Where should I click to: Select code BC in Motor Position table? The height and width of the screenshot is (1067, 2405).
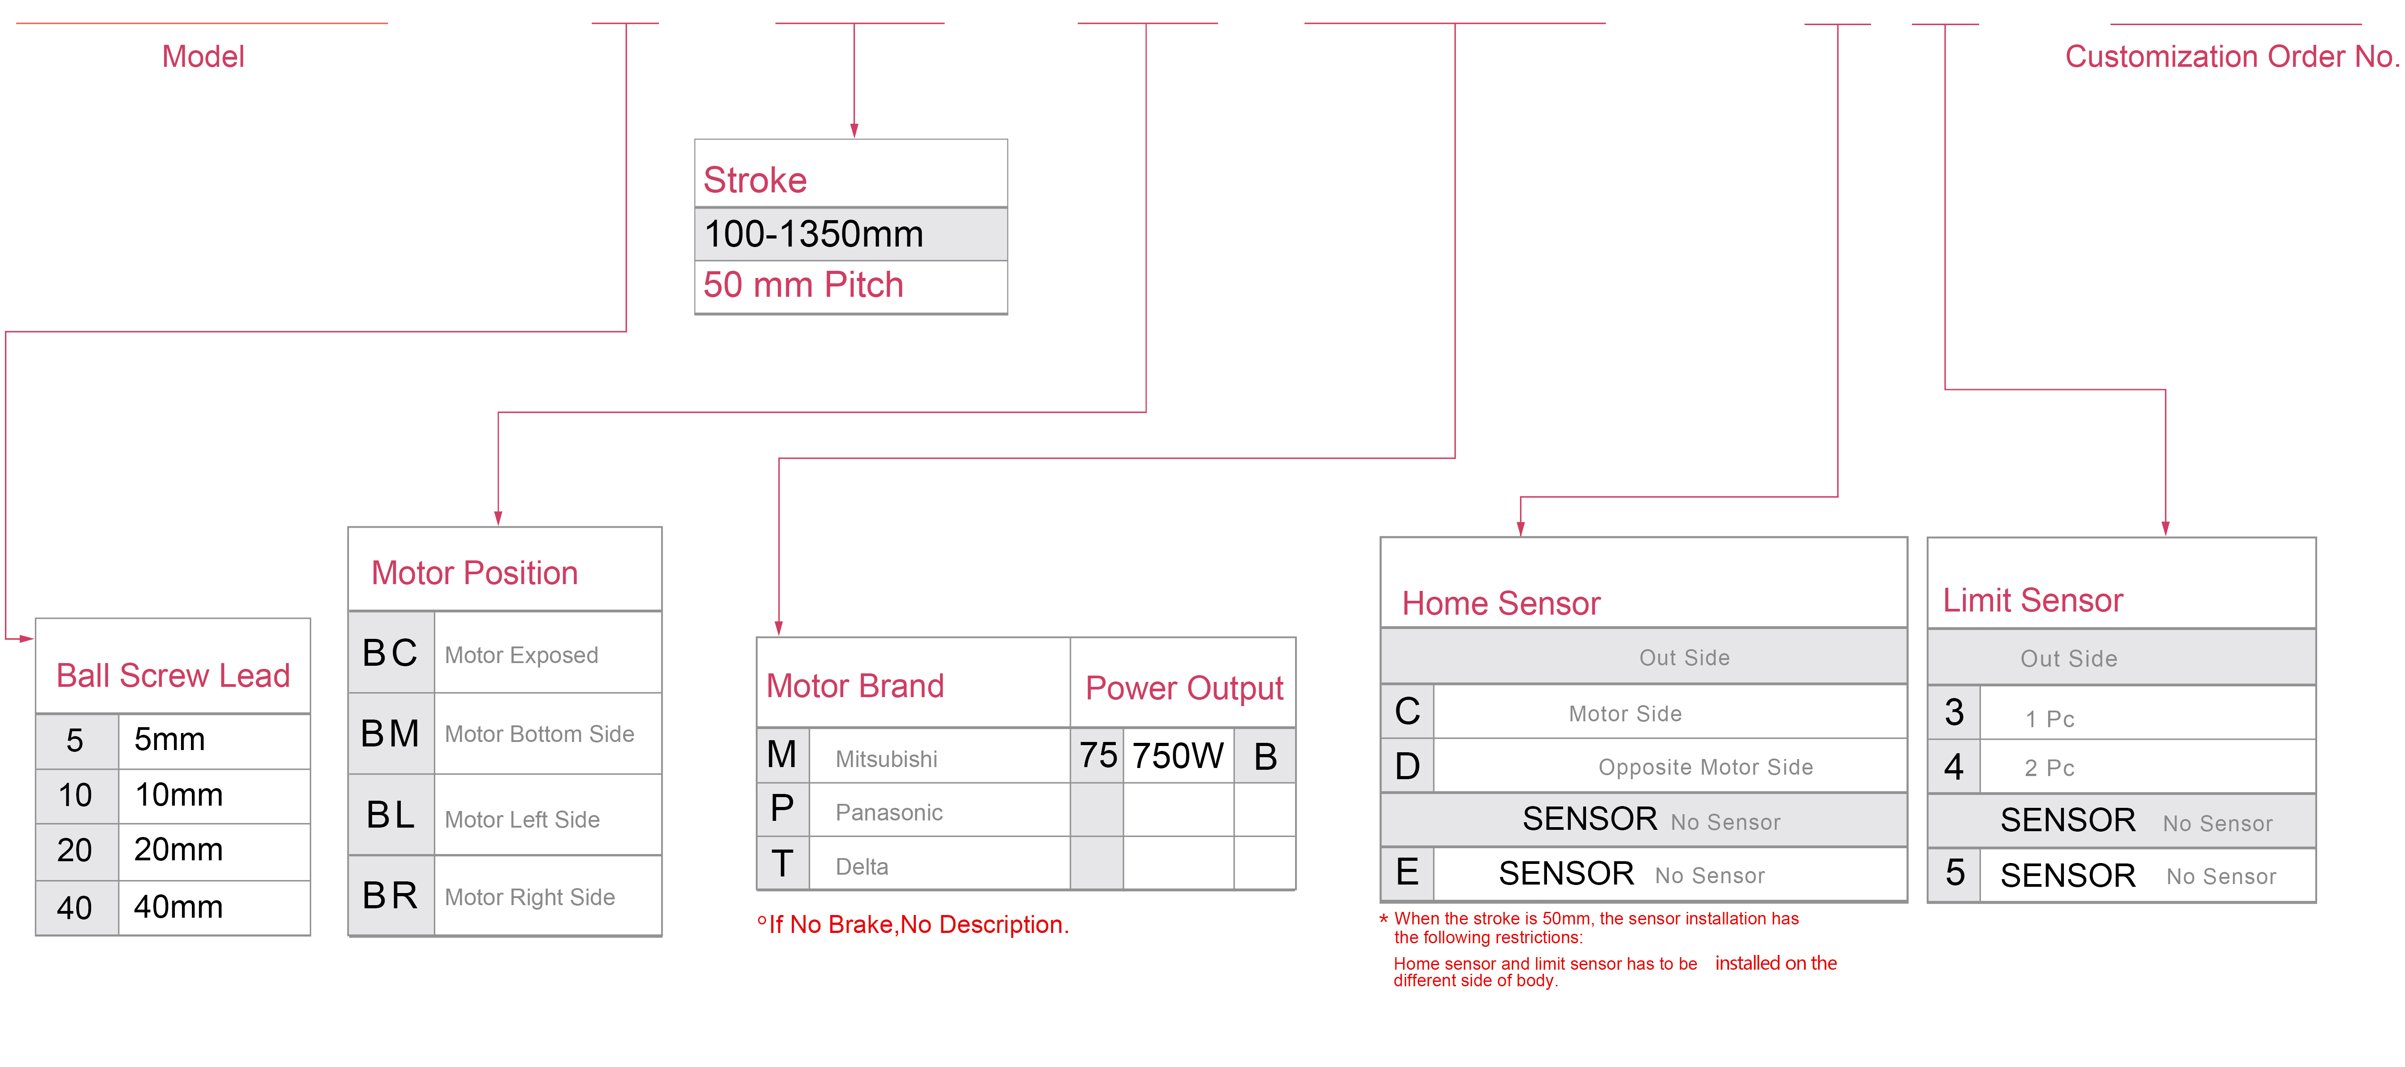coord(390,652)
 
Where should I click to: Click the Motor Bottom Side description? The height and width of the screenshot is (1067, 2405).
coord(540,734)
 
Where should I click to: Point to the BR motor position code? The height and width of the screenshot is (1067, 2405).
coord(390,895)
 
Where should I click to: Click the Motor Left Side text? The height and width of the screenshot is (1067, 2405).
coord(522,820)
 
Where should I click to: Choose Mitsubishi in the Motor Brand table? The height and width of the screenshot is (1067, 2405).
coord(886,759)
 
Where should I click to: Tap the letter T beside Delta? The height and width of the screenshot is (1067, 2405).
coord(782,863)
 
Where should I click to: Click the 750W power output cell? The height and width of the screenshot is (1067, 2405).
coord(1177,755)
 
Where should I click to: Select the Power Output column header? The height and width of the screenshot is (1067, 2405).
coord(1184,688)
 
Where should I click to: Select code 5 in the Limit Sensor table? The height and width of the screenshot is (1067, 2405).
coord(1955,873)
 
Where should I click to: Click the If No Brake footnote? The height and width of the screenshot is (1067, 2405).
coord(913,924)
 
